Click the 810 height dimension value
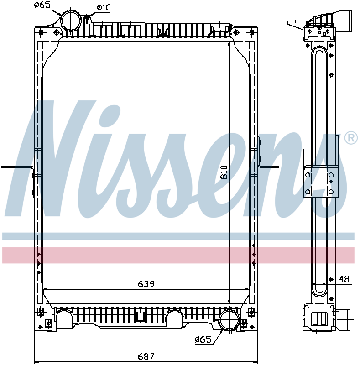[x=223, y=172]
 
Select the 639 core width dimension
[x=146, y=284]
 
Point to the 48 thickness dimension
[x=344, y=279]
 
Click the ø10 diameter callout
[x=104, y=7]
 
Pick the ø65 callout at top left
[x=42, y=5]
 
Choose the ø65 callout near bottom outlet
[x=202, y=339]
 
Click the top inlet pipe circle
[x=71, y=20]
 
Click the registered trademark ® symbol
[x=350, y=138]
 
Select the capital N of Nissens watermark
[x=50, y=160]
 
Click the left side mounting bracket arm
[x=18, y=167]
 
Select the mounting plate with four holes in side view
[x=321, y=182]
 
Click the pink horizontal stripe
[x=178, y=255]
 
